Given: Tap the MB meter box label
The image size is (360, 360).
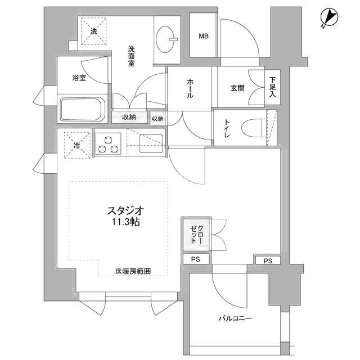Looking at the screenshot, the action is (204, 36).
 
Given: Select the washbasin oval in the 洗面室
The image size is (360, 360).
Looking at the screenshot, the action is (165, 39).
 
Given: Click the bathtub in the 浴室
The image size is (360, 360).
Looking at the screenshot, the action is (83, 109).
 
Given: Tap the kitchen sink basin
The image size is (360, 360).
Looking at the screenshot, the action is (151, 144).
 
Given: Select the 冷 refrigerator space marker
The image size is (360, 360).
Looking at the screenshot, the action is (77, 145).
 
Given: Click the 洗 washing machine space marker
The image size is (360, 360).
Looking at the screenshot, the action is (94, 31).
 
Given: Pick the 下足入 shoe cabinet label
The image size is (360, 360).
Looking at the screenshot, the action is (272, 87).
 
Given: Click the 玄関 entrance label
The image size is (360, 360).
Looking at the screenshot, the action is (237, 88).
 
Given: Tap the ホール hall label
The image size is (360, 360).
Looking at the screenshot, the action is (190, 88).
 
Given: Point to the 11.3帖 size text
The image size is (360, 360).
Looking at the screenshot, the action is (126, 222).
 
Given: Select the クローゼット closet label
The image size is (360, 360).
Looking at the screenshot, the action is (197, 234).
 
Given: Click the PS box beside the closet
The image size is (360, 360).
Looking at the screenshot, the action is (196, 259).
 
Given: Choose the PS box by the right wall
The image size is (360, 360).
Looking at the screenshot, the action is (268, 260).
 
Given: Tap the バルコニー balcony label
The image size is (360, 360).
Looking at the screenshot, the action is (235, 318).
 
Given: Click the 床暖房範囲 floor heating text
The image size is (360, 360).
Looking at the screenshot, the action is (133, 271).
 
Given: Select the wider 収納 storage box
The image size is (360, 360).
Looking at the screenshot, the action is (129, 118).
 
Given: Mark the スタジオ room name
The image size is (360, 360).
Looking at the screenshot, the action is (126, 210).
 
